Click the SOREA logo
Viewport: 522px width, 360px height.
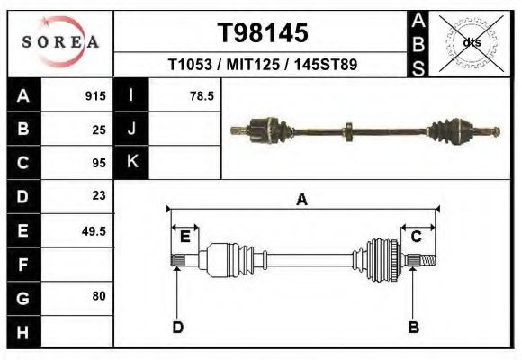tap(60, 42)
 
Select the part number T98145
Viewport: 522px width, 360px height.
tap(264, 33)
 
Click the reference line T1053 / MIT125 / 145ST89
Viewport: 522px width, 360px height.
tap(264, 66)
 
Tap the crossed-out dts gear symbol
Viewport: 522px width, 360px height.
tap(471, 41)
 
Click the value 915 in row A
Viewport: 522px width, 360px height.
tap(95, 96)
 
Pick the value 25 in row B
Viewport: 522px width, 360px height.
tap(99, 130)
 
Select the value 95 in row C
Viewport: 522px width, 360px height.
tap(99, 164)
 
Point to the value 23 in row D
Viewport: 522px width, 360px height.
tap(99, 195)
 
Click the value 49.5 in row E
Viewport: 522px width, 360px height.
tap(94, 230)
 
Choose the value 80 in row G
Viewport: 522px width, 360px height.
tap(99, 295)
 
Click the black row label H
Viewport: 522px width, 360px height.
tap(22, 331)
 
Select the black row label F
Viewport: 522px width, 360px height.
tap(22, 265)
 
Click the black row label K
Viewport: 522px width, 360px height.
tap(131, 163)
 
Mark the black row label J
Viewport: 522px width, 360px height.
tap(131, 130)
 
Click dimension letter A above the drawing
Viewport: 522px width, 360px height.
tap(301, 201)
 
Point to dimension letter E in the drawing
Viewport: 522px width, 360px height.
tap(184, 237)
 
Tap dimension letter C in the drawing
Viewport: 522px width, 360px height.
tap(417, 237)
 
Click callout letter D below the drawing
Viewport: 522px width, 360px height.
tap(177, 327)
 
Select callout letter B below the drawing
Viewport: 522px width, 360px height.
tap(414, 327)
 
